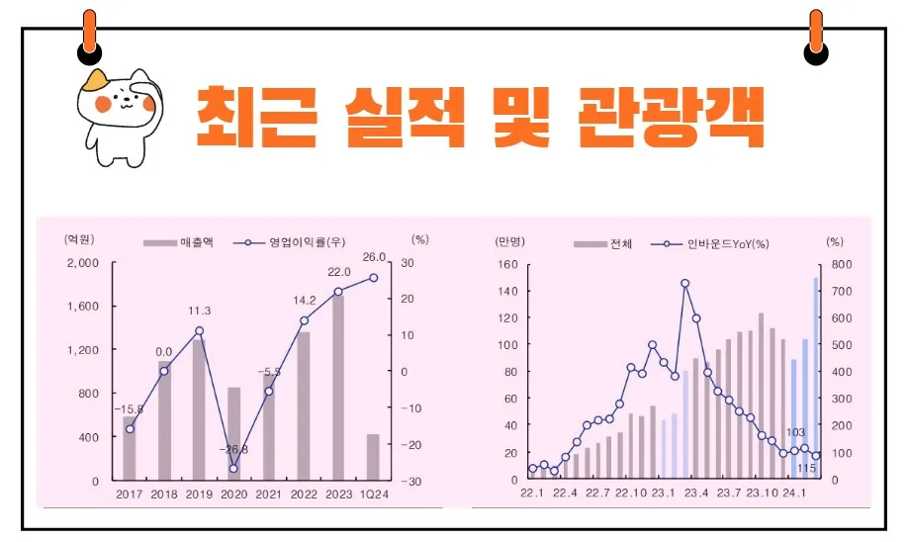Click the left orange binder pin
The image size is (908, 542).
pos(90,35)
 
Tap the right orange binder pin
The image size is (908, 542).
pos(815,35)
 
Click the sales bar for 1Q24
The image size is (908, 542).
pos(373,456)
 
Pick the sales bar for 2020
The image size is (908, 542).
pos(233,433)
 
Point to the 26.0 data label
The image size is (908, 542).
pos(374,258)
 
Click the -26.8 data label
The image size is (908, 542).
pos(233,450)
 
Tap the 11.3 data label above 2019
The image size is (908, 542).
pos(199,312)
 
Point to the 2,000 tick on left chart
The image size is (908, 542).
pos(82,263)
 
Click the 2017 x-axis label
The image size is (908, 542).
pos(130,494)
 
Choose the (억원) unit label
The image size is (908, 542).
pos(79,239)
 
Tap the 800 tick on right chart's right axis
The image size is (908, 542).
pos(837,264)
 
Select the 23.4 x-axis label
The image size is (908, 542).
pos(697,494)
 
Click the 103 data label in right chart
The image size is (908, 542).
pos(795,432)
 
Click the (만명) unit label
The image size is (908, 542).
pos(510,240)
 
